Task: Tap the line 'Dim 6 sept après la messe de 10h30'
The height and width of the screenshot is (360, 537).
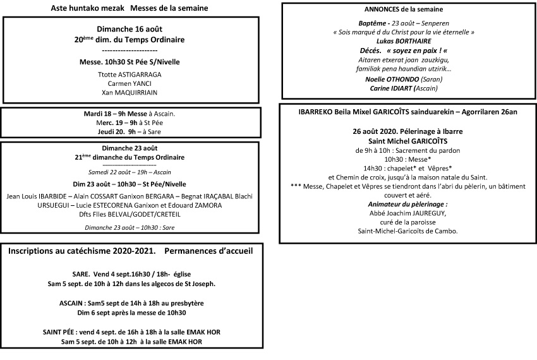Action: [131, 313]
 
